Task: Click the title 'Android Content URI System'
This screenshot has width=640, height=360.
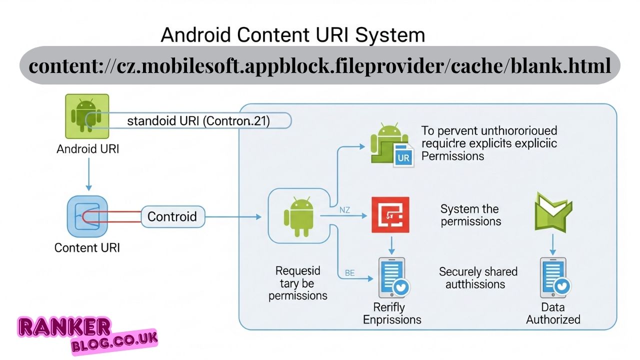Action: tap(293, 35)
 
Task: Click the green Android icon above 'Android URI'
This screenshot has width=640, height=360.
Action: tap(87, 116)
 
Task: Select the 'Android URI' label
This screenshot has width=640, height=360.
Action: tap(88, 149)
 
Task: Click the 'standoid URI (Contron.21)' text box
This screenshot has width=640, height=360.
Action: tap(198, 120)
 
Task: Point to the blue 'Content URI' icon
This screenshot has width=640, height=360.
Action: tap(87, 216)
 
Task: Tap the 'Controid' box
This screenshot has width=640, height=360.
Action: tap(172, 216)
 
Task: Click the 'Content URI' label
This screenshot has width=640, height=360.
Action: tap(87, 247)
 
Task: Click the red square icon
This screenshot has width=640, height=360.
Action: tap(390, 215)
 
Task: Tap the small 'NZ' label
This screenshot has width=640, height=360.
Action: tap(344, 210)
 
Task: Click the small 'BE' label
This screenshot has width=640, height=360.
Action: tap(350, 273)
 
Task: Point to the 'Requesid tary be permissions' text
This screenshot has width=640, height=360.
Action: tap(298, 283)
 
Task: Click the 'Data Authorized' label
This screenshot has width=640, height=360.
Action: tap(553, 313)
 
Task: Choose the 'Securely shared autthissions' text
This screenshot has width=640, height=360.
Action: tap(478, 278)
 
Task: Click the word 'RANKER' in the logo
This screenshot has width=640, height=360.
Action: tap(64, 327)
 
